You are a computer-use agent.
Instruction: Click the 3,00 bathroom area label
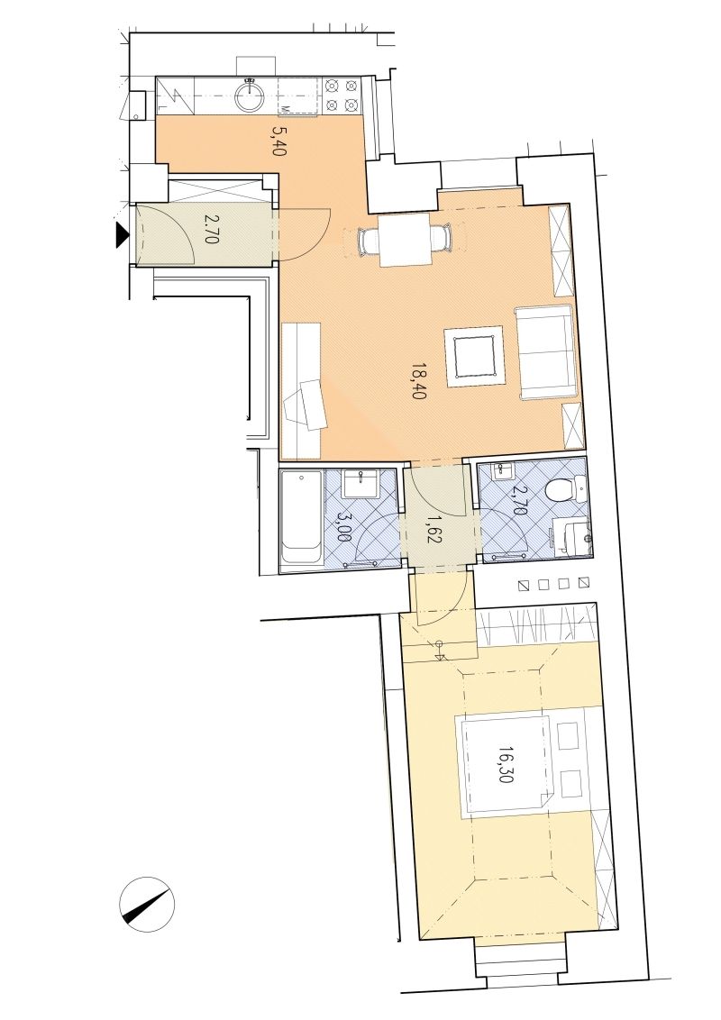tap(343, 527)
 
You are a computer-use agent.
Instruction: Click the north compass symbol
tap(147, 903)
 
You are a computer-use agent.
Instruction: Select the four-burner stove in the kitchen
tap(342, 96)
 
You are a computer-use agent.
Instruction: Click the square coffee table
tap(475, 356)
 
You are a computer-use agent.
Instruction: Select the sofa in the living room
tap(545, 352)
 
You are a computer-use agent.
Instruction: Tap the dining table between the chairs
tap(404, 240)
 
